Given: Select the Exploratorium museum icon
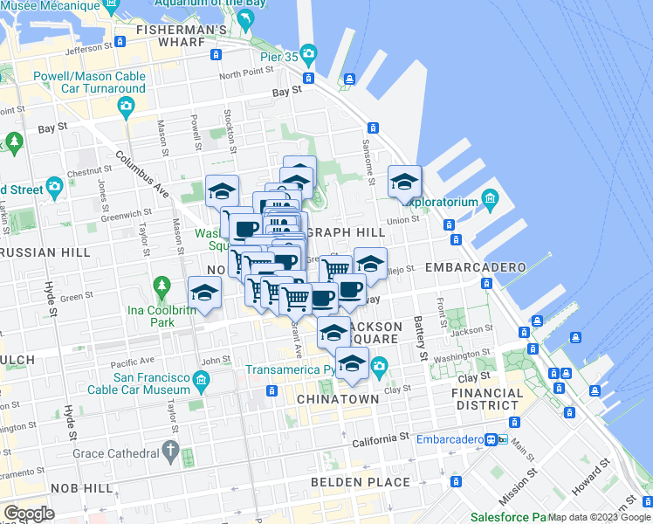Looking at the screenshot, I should click(490, 201).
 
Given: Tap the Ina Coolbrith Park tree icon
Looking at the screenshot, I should click(161, 286).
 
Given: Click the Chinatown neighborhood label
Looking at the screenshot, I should click(337, 399).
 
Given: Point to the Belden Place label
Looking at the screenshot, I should click(361, 481).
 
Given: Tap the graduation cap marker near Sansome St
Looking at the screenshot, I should click(403, 182).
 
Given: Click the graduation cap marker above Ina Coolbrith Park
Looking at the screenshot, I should click(203, 293).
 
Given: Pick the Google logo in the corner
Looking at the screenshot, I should click(30, 513).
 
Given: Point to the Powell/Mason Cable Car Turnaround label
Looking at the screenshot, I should click(89, 82).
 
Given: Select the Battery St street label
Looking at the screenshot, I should click(421, 339).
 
